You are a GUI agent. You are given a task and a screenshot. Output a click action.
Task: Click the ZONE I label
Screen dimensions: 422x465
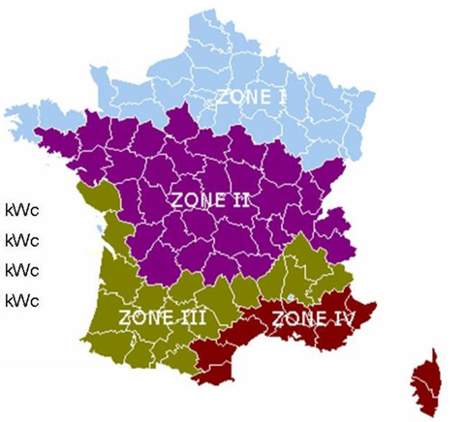[251, 98]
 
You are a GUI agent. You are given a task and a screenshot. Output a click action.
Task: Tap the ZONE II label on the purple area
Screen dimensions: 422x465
[210, 201]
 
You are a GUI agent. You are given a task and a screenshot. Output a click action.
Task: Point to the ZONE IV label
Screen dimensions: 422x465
[312, 316]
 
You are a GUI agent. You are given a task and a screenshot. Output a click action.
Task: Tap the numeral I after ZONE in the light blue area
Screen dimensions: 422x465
[283, 98]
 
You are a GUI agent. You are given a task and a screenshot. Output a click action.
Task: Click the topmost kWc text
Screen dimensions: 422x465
[21, 209]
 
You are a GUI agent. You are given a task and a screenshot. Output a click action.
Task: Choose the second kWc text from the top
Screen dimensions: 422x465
[21, 239]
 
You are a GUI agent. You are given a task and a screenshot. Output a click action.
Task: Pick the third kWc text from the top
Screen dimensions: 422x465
[21, 269]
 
